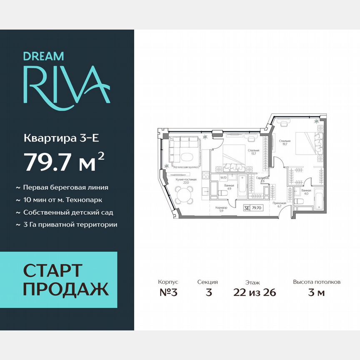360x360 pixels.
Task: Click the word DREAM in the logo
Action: pyautogui.click(x=43, y=56)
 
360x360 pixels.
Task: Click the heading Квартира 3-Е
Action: pyautogui.click(x=61, y=137)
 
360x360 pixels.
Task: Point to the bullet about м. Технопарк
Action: pyautogui.click(x=62, y=200)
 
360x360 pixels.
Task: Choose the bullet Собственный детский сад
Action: pyautogui.click(x=68, y=212)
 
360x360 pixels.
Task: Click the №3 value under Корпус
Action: pyautogui.click(x=169, y=292)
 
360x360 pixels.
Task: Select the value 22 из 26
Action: pyautogui.click(x=255, y=292)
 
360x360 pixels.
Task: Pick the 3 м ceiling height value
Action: pyautogui.click(x=316, y=292)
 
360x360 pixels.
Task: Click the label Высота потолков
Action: pyautogui.click(x=317, y=282)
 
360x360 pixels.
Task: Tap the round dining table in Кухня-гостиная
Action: pyautogui.click(x=184, y=193)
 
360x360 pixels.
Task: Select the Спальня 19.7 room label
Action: pyautogui.click(x=285, y=142)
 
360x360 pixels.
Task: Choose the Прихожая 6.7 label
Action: pyautogui.click(x=278, y=204)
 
